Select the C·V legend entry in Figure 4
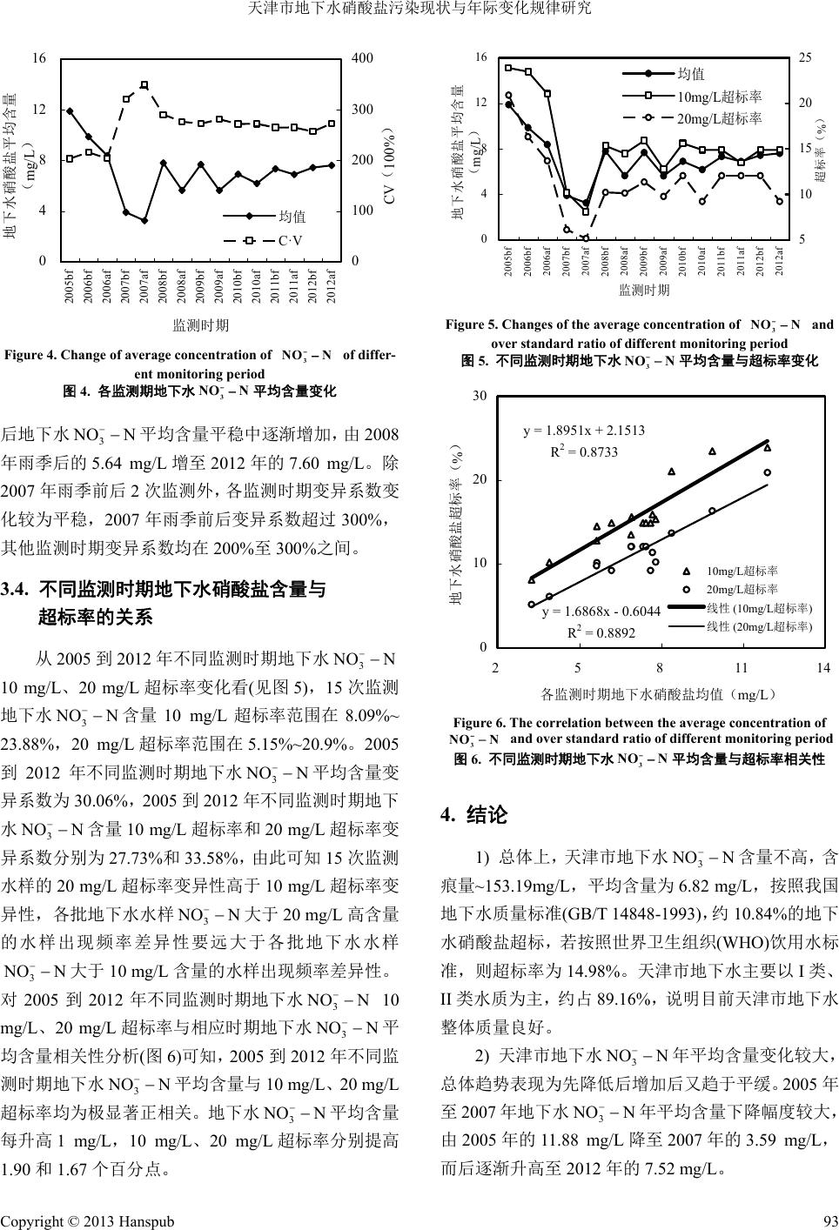tap(290, 240)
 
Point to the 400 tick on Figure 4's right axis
tap(362, 58)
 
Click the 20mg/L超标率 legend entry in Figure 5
tap(719, 117)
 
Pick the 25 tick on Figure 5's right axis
tap(805, 57)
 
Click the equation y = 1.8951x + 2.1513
tap(584, 431)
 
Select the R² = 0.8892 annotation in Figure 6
tap(601, 632)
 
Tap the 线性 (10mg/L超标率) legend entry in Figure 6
tap(758, 608)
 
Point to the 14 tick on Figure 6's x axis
tap(823, 668)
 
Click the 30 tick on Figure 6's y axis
tap(479, 397)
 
